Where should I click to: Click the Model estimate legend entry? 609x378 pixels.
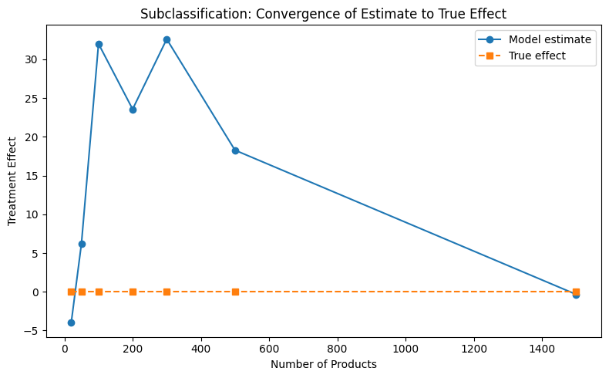click(555, 39)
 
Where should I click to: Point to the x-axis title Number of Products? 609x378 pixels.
click(323, 364)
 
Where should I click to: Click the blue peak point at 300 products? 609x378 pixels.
click(167, 39)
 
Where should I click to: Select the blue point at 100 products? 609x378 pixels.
click(99, 44)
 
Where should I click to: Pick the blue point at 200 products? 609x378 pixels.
click(133, 110)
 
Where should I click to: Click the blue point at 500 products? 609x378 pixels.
click(235, 150)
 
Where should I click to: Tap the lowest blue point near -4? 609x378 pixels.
click(71, 322)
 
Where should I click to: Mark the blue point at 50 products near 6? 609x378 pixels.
click(82, 244)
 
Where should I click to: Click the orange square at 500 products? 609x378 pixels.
click(235, 292)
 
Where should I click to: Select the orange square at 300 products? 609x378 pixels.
click(167, 292)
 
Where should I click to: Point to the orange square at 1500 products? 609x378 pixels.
click(576, 292)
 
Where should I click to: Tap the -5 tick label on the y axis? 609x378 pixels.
click(43, 331)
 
